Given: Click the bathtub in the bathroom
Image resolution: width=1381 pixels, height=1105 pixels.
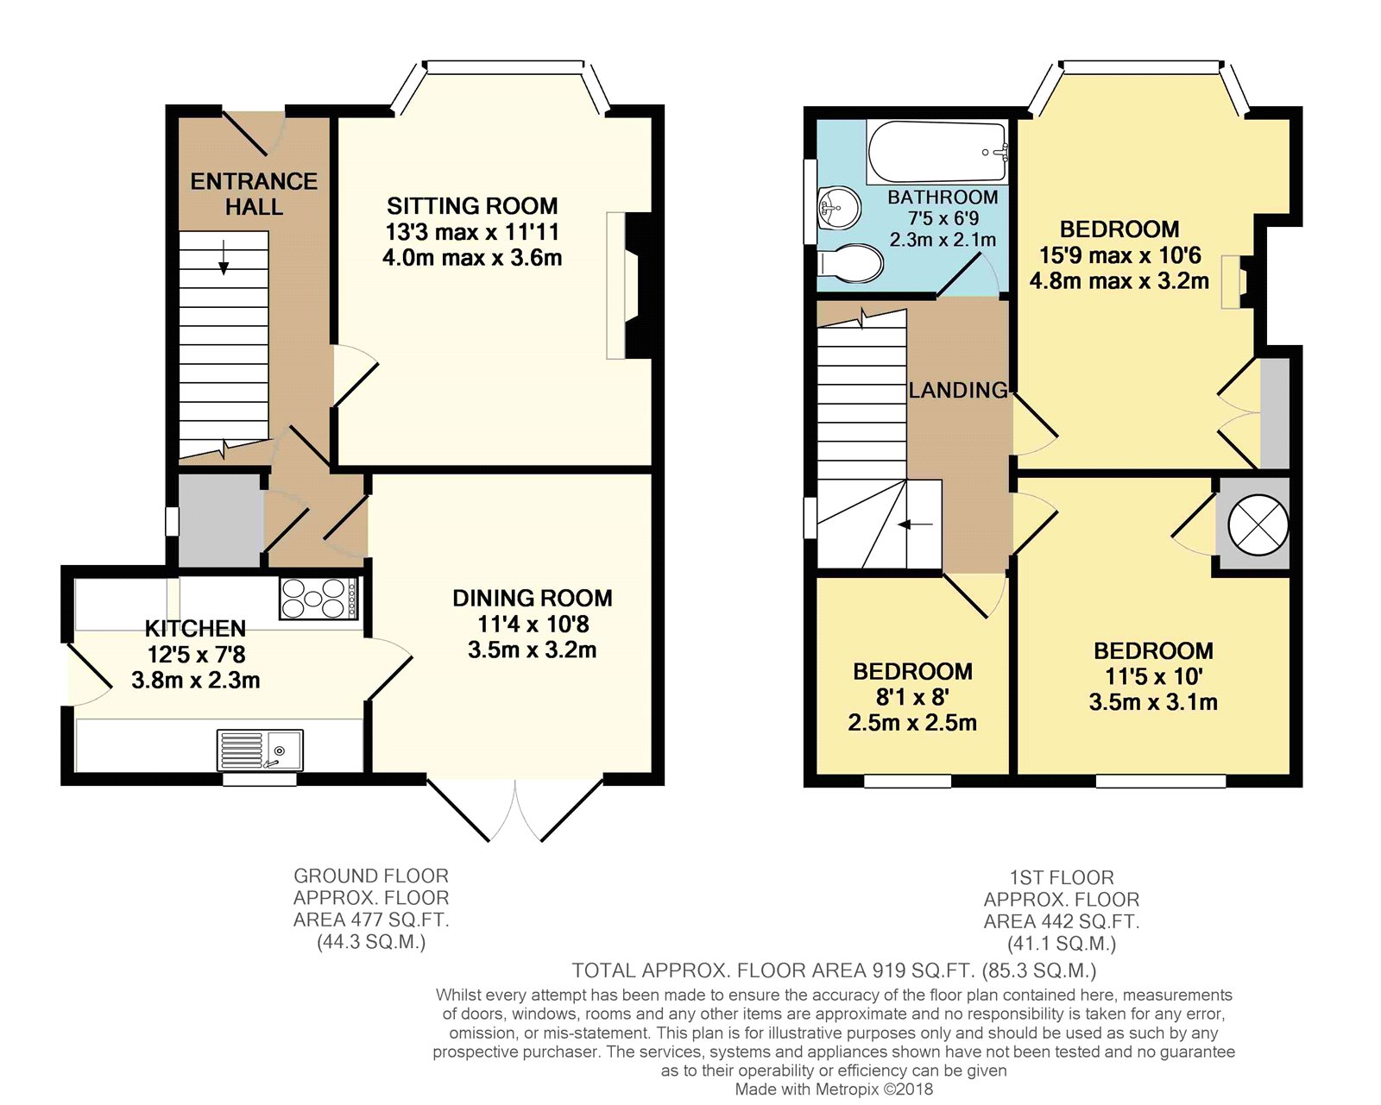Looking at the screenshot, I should [x=936, y=153].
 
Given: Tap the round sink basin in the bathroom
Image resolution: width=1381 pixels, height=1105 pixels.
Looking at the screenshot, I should [x=837, y=208].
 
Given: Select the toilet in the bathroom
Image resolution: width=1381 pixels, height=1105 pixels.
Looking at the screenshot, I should [x=852, y=264].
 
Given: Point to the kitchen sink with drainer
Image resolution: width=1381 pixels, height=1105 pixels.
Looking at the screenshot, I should [x=260, y=750].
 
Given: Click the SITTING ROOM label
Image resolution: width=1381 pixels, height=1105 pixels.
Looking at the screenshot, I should [x=472, y=206].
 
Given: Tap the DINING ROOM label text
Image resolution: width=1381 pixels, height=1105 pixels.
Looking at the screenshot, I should [x=533, y=598].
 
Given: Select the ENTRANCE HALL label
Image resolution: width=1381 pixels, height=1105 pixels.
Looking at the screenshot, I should [x=254, y=194].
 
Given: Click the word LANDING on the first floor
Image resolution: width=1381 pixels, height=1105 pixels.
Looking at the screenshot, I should [x=958, y=390].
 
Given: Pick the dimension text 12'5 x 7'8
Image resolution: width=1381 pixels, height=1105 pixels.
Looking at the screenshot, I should [x=196, y=655].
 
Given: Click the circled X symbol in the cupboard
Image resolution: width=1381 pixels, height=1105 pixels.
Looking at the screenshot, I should [x=1258, y=524].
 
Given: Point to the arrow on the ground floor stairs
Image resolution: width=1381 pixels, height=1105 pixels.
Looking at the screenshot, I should [x=224, y=257].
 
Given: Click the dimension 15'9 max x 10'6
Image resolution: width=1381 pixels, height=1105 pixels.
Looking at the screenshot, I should [x=1119, y=255].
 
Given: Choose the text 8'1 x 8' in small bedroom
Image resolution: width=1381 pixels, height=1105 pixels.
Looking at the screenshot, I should [x=912, y=697].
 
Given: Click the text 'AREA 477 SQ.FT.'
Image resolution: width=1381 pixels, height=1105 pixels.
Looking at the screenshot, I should [x=371, y=920].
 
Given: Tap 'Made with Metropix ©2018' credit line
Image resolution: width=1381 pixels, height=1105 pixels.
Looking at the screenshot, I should [x=834, y=1089].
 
